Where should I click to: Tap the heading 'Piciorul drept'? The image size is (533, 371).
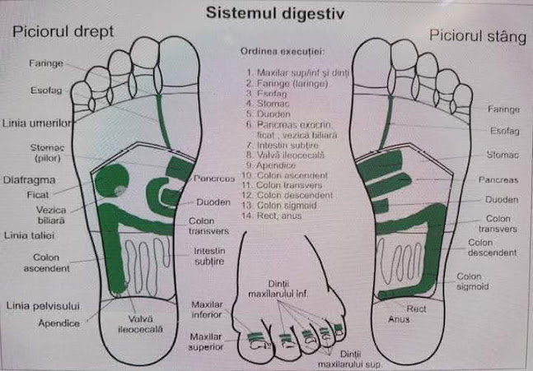click(x=62, y=32)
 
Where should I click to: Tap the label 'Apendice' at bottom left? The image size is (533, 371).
click(x=59, y=323)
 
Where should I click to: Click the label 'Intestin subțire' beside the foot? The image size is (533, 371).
click(x=209, y=256)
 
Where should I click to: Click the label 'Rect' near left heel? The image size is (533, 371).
click(x=417, y=308)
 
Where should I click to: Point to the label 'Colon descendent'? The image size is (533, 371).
click(x=492, y=248)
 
